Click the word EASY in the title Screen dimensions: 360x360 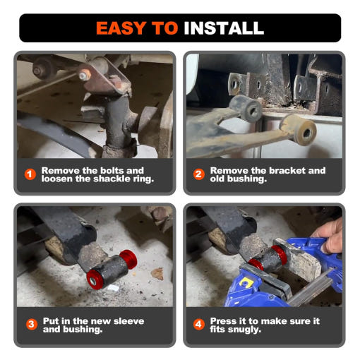point(121,28)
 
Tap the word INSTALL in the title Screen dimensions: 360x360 point(224,28)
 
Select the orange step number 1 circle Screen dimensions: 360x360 point(30,174)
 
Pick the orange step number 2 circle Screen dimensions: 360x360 point(199,174)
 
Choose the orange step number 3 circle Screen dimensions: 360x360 point(32,325)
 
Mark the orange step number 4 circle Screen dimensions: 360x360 point(199,325)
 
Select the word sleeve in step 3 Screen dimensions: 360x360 point(128,321)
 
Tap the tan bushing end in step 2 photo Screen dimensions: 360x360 point(304,131)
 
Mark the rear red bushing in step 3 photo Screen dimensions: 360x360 point(128,259)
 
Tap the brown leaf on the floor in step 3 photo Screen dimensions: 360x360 point(157,274)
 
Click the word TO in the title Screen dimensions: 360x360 point(164,28)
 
